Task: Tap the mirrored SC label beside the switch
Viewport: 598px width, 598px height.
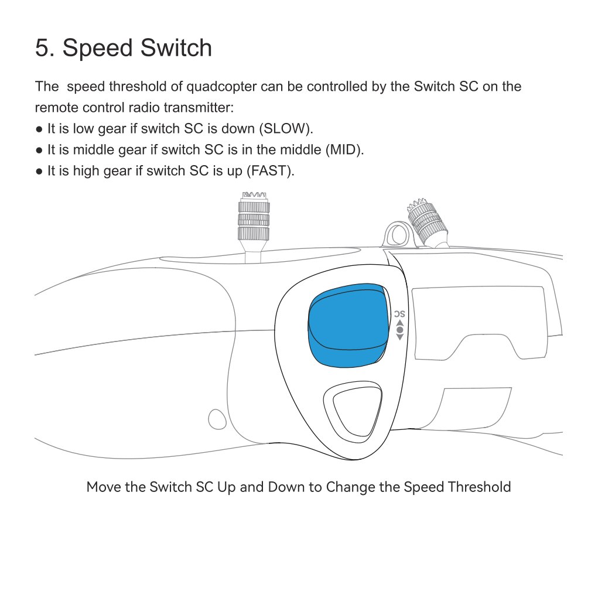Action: [399, 314]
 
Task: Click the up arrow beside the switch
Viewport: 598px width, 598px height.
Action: [399, 323]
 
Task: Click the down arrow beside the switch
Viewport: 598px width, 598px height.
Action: [399, 337]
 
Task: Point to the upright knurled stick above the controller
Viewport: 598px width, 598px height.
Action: [254, 221]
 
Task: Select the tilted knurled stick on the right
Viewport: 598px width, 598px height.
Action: [426, 221]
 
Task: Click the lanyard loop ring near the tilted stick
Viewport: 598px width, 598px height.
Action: [397, 234]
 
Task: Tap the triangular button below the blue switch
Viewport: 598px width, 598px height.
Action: [353, 412]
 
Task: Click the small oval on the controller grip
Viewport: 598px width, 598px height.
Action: [217, 419]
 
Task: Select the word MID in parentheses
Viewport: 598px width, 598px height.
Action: [343, 149]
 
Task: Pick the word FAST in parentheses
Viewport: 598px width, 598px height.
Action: [269, 170]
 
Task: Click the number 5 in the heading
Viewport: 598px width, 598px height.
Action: [42, 48]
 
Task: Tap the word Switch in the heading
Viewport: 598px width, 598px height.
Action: [176, 48]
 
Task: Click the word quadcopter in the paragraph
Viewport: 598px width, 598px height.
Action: [221, 87]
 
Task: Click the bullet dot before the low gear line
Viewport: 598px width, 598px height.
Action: [39, 129]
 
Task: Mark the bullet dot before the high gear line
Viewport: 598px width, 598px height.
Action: [39, 171]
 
